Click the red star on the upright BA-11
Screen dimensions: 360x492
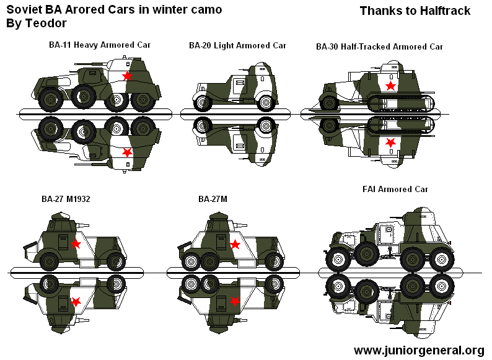click(127, 76)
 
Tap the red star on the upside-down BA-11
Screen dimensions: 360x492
click(127, 152)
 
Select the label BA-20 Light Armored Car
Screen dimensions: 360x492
click(237, 45)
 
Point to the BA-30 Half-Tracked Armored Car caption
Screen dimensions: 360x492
click(379, 46)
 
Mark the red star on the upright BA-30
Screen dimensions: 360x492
click(390, 85)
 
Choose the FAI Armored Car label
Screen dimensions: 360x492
click(395, 189)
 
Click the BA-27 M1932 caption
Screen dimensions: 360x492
click(70, 199)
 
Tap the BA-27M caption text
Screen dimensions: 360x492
click(213, 199)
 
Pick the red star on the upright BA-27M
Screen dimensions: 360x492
click(235, 245)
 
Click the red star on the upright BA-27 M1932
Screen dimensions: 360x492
click(76, 244)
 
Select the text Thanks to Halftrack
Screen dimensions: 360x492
click(415, 11)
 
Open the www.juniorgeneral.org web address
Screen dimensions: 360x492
click(418, 350)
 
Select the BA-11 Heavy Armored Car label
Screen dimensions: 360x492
click(100, 45)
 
